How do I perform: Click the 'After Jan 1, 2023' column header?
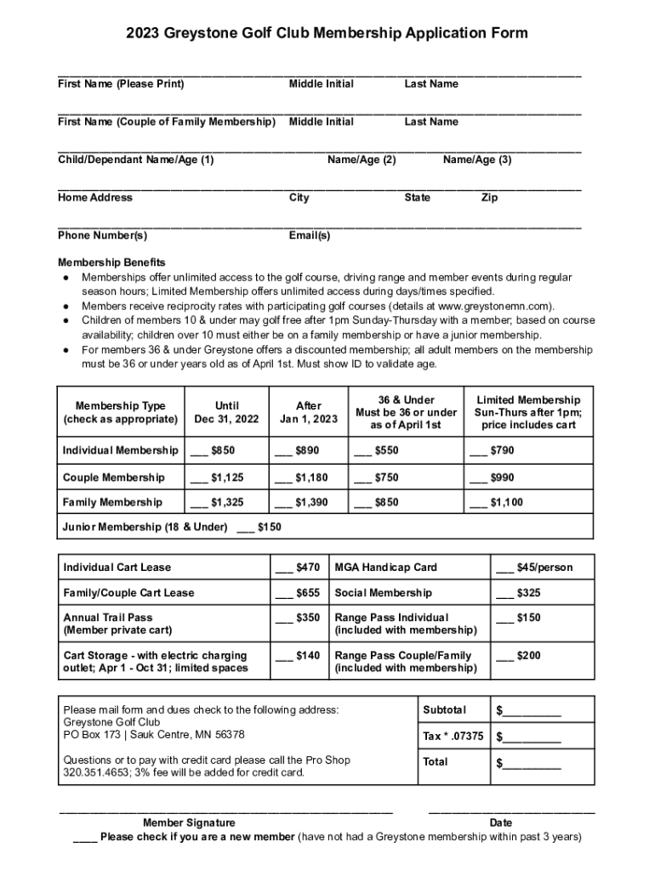click(x=308, y=412)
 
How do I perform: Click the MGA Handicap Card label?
click(x=385, y=567)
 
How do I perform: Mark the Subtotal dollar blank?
click(x=528, y=710)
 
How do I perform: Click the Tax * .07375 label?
click(x=453, y=736)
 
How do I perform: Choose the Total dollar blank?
click(x=528, y=762)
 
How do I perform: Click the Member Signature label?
click(x=189, y=822)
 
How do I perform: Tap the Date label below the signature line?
click(x=501, y=822)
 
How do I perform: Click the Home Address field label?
click(x=95, y=197)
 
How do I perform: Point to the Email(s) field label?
click(x=310, y=235)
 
